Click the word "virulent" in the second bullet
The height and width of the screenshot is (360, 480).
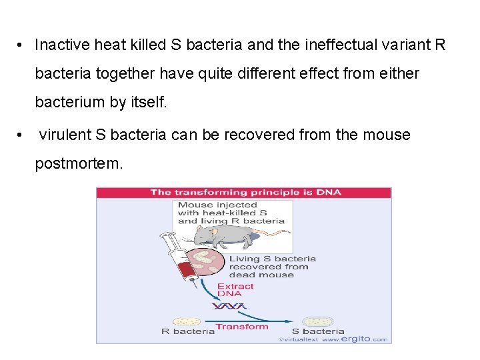click(x=65, y=134)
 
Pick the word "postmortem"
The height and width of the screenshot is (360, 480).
click(x=79, y=163)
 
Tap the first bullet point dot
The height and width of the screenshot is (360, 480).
click(x=21, y=45)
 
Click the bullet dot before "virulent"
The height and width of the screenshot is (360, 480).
click(x=21, y=134)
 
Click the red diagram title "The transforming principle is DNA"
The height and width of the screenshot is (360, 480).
click(x=245, y=193)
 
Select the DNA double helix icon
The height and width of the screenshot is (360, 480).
click(x=229, y=307)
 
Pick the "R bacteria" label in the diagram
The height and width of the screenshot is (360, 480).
click(x=188, y=331)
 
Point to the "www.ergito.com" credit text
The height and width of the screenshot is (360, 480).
click(x=354, y=339)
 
